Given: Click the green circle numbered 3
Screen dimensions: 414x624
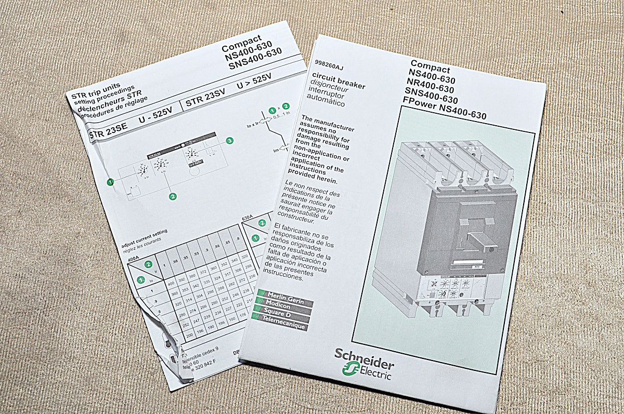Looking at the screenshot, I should tap(230, 141).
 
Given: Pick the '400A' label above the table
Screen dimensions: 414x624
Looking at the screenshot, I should tap(134, 258).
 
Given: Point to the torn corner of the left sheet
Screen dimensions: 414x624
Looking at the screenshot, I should tap(172, 348).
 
